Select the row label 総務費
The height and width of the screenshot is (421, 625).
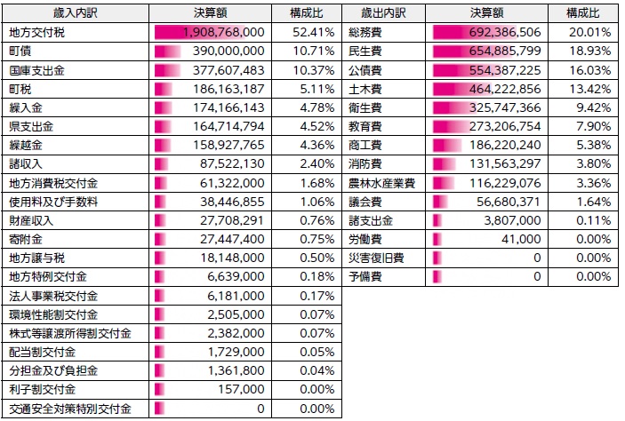tap(366, 32)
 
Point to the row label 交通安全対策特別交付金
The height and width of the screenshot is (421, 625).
tap(69, 409)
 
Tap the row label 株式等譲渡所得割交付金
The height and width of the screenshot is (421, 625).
tap(69, 334)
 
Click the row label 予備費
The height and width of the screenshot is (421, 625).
tap(366, 277)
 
